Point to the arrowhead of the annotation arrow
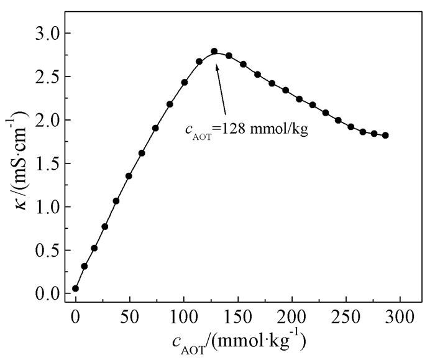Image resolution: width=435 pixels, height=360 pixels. pyautogui.click(x=217, y=65)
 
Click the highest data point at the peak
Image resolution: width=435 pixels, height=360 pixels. pyautogui.click(x=214, y=52)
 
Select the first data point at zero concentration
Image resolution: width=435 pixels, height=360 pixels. pyautogui.click(x=76, y=288)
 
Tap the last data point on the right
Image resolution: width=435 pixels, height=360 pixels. pyautogui.click(x=385, y=135)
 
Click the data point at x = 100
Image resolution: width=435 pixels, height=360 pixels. pyautogui.click(x=185, y=82)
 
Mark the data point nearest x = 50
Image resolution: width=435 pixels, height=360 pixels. pyautogui.click(x=129, y=176)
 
